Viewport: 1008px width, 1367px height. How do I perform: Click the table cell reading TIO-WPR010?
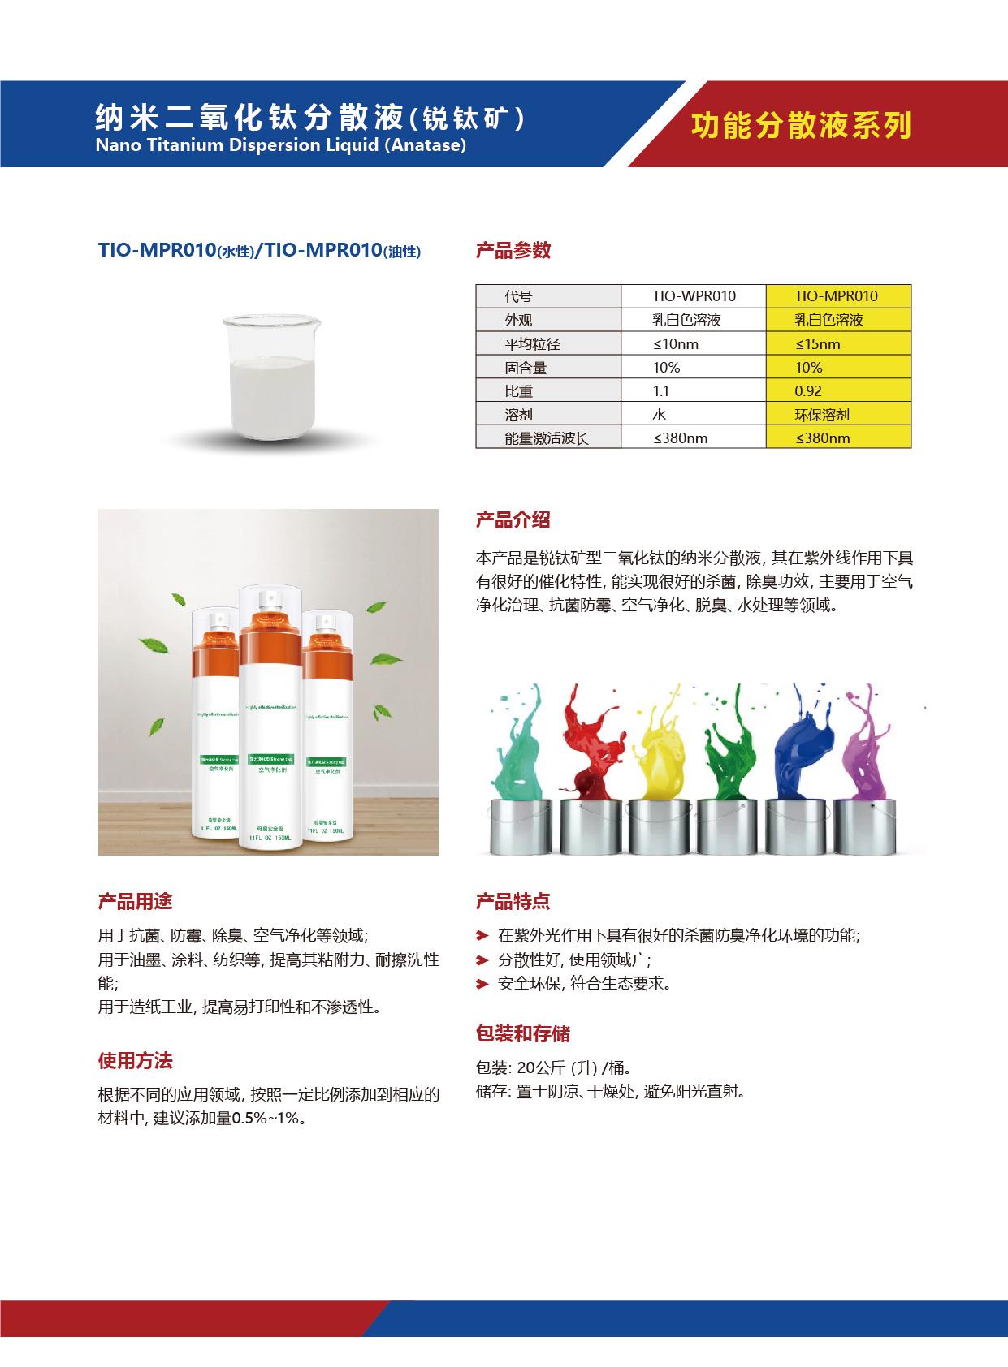coord(694,296)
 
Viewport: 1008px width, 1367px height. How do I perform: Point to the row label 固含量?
coord(526,368)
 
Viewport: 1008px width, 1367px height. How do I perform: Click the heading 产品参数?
coord(513,251)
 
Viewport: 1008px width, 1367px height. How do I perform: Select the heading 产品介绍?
coord(513,520)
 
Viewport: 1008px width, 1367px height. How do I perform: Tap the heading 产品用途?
coord(135,902)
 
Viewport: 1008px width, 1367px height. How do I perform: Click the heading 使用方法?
coord(135,1061)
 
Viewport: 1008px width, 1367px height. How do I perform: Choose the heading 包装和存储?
coord(522,1034)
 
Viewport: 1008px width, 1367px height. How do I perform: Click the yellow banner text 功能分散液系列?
coord(801,126)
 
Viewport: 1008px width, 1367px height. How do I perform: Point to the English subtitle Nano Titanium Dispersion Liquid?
coord(280,145)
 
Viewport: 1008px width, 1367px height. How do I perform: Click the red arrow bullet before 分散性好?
coord(482,960)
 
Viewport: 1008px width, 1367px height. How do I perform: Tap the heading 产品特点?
coord(513,902)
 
